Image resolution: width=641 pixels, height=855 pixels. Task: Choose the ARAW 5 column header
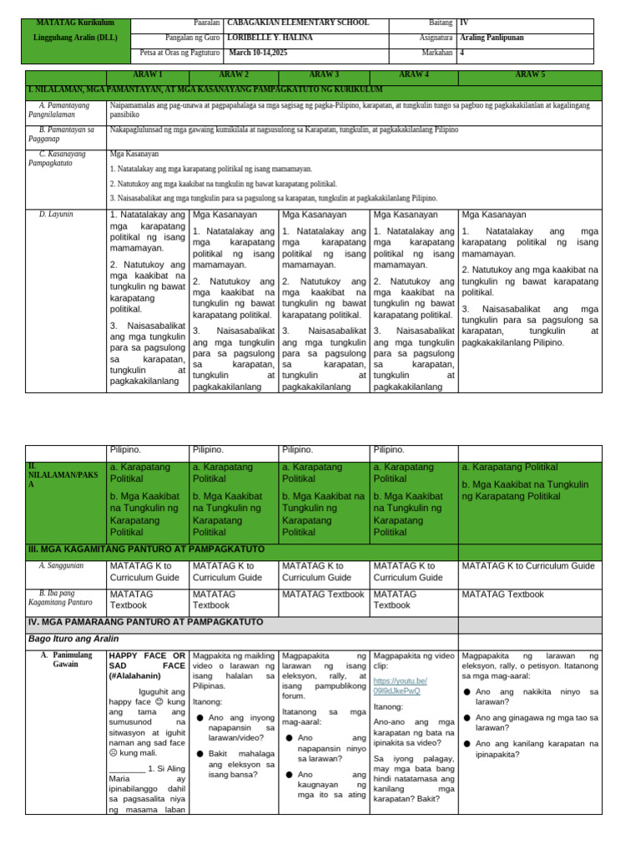(529, 74)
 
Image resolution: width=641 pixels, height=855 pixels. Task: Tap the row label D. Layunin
(56, 215)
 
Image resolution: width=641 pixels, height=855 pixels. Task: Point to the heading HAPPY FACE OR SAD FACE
(148, 666)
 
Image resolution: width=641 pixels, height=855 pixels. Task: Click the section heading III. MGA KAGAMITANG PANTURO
(146, 549)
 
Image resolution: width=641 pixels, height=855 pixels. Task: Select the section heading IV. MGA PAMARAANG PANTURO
(146, 622)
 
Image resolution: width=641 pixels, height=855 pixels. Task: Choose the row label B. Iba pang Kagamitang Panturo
(60, 598)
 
